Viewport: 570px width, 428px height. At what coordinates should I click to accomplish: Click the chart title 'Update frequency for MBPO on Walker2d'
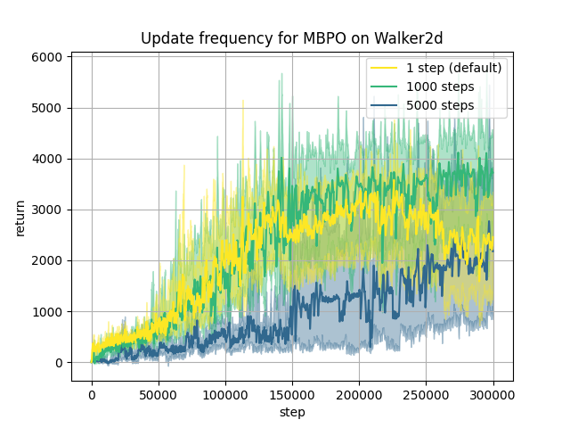tap(292, 39)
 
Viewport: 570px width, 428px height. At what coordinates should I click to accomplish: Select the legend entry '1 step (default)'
tap(453, 68)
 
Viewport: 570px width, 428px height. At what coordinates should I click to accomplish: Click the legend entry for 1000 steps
tap(440, 86)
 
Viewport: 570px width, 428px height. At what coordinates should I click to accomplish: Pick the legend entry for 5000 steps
tap(440, 105)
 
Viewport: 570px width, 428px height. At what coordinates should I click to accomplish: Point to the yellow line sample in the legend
tap(385, 69)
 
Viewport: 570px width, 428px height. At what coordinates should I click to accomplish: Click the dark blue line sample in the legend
tap(385, 106)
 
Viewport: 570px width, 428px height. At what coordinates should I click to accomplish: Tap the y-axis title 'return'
tap(20, 217)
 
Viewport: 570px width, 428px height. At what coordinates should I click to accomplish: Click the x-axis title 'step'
tap(292, 412)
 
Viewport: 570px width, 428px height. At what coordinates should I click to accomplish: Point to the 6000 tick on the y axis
tap(47, 57)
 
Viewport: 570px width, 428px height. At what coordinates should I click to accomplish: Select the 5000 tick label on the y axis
tap(47, 108)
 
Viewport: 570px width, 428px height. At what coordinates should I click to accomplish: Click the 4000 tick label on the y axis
tap(47, 159)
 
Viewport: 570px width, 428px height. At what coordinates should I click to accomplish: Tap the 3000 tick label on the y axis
tap(47, 210)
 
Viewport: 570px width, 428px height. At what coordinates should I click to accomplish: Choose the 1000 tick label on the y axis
tap(47, 311)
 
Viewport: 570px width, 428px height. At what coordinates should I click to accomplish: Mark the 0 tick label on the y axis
tap(58, 363)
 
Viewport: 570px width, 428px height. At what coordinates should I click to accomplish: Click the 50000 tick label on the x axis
tap(159, 394)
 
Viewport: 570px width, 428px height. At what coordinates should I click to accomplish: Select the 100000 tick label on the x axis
tap(225, 394)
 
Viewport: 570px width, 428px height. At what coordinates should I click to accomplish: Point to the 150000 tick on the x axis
tap(292, 394)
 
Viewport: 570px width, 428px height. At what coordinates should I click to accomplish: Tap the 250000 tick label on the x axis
tap(427, 394)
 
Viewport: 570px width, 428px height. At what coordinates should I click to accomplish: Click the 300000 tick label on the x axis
tap(493, 394)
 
